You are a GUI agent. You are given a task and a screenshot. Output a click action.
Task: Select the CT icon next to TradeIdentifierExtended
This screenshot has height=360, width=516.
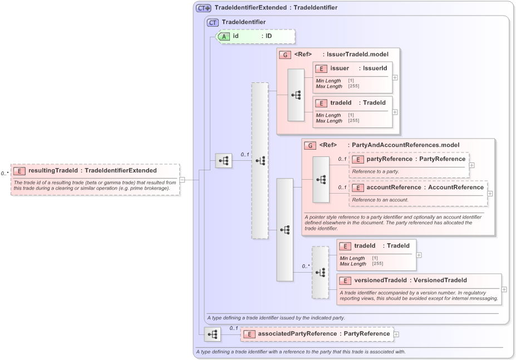pyautogui.click(x=203, y=8)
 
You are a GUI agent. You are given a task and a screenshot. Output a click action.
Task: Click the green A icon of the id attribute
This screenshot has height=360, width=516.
pyautogui.click(x=224, y=36)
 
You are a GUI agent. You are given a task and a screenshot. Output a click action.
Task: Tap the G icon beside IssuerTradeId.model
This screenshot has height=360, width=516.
pyautogui.click(x=285, y=55)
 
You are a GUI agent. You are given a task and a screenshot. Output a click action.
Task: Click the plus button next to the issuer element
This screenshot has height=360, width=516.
pyautogui.click(x=395, y=77)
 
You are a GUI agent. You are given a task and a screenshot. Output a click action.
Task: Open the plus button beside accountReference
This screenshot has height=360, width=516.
pyautogui.click(x=490, y=194)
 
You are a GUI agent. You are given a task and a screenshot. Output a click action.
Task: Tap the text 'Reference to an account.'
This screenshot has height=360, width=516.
pyautogui.click(x=380, y=200)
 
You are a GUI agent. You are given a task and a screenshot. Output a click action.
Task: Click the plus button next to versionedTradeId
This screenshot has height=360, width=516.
pyautogui.click(x=504, y=289)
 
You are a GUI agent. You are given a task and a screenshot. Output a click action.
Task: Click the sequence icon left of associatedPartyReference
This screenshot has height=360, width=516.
pyautogui.click(x=213, y=334)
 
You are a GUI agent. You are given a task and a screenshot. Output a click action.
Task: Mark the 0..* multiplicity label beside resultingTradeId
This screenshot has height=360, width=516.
pyautogui.click(x=5, y=174)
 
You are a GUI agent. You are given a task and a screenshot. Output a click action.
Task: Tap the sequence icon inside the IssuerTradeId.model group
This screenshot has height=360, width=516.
pyautogui.click(x=296, y=95)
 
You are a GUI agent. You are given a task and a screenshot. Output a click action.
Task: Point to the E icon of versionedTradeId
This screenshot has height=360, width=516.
pyautogui.click(x=345, y=280)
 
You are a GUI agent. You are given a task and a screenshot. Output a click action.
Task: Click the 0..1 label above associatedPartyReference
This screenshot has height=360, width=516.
pyautogui.click(x=234, y=328)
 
